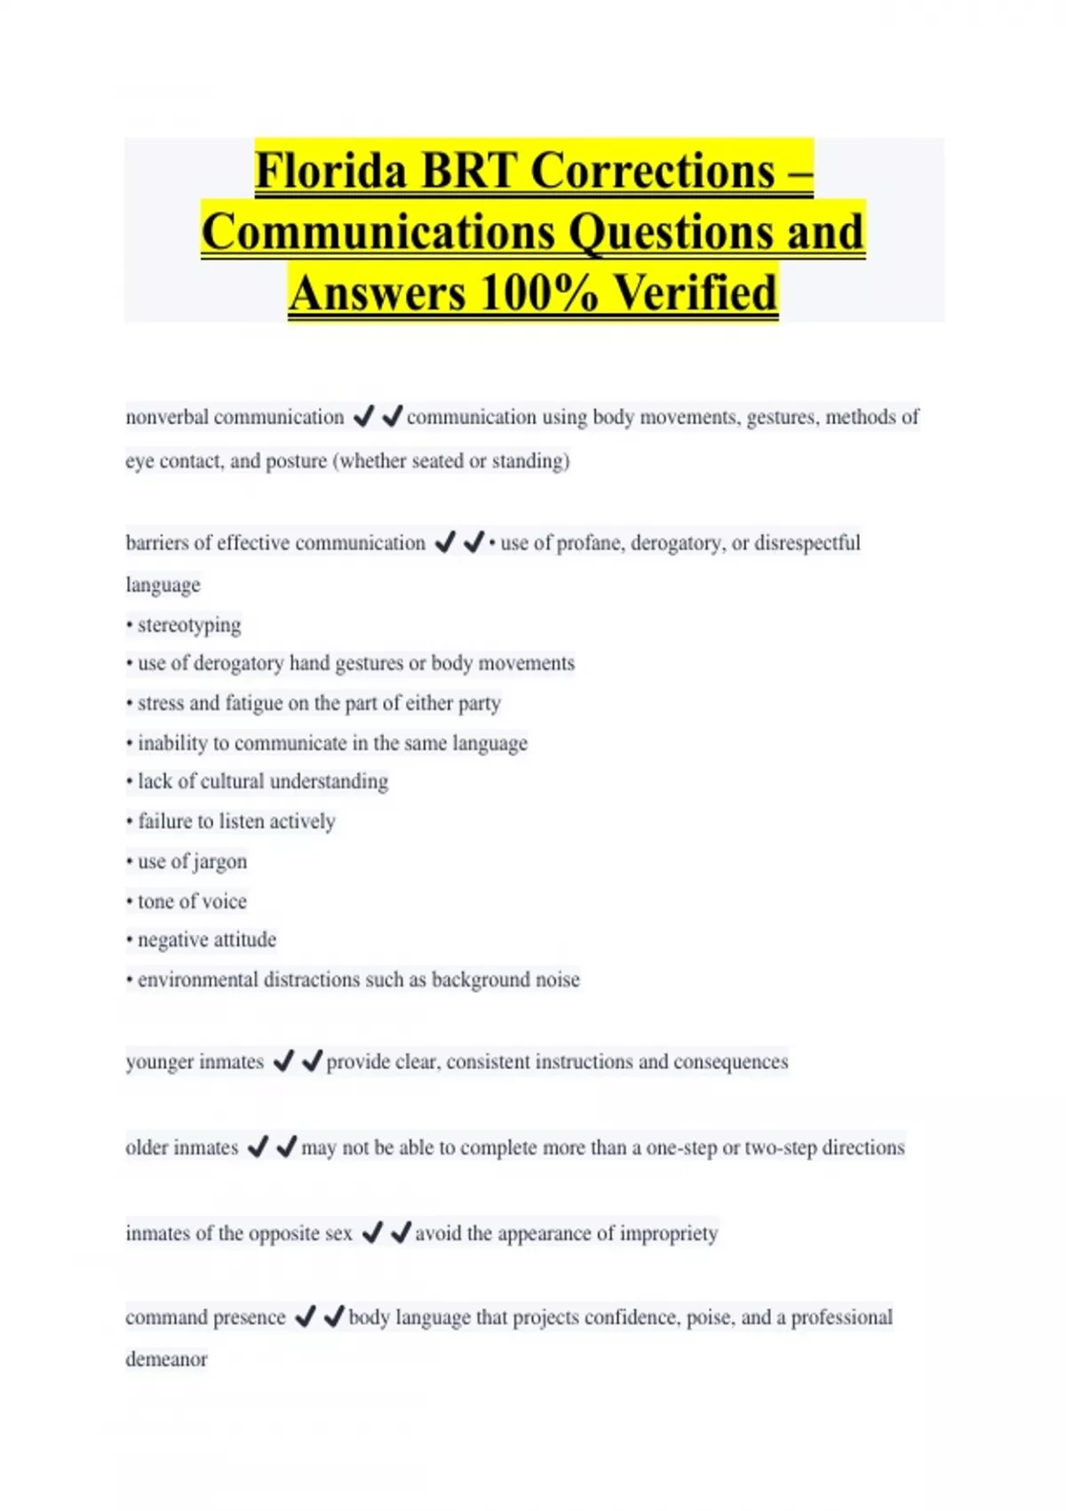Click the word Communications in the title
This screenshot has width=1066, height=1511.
(378, 232)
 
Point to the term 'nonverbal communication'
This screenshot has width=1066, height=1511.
(235, 417)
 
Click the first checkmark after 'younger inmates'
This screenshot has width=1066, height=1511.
(283, 1060)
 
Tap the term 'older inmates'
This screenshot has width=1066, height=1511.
(182, 1147)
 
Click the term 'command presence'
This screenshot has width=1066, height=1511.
(205, 1317)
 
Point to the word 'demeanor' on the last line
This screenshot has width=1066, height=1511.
(166, 1359)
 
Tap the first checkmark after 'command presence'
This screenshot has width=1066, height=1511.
(305, 1316)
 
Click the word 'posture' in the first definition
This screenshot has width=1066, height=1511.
(297, 461)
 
